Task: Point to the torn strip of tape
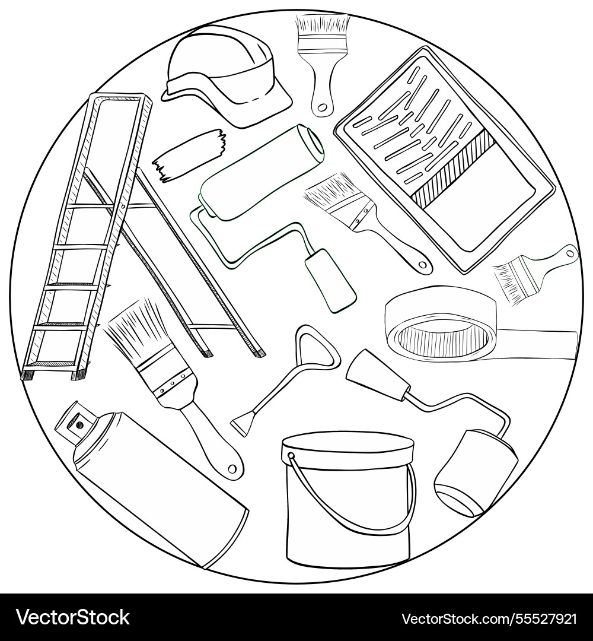pyautogui.click(x=190, y=153)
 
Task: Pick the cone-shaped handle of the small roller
pyautogui.click(x=376, y=375)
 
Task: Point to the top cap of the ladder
pyautogui.click(x=121, y=97)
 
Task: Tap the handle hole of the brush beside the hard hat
pyautogui.click(x=322, y=108)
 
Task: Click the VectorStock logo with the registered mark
pyautogui.click(x=74, y=617)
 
